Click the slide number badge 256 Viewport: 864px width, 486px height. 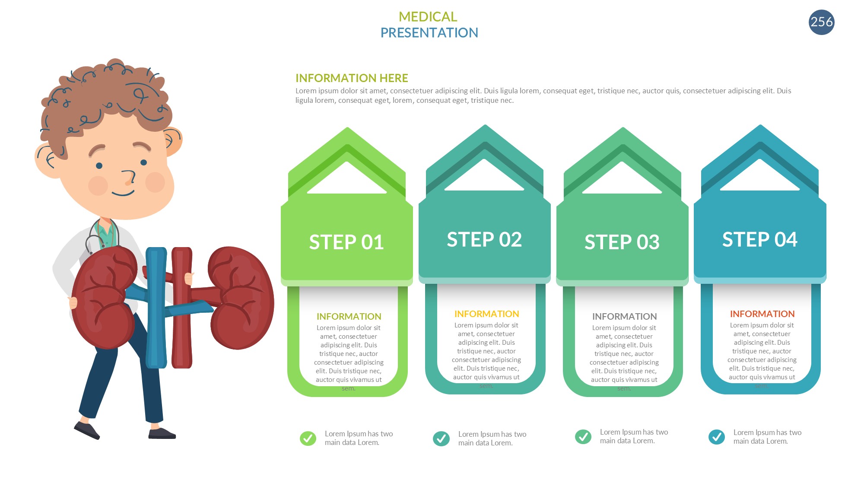(x=821, y=22)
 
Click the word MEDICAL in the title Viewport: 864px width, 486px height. (x=428, y=17)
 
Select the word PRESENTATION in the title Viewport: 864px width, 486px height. (x=429, y=33)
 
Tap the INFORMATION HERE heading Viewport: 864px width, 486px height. (x=352, y=78)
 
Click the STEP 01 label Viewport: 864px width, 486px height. (x=346, y=242)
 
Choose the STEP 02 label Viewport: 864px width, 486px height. (x=484, y=239)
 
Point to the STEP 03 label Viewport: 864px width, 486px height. (x=622, y=242)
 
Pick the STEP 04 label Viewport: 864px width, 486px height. (x=760, y=239)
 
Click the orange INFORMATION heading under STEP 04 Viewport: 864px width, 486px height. (x=762, y=314)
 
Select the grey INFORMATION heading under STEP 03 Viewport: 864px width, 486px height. (x=624, y=317)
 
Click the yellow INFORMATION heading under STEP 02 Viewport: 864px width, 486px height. (x=486, y=314)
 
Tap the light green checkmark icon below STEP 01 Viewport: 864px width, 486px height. (x=308, y=438)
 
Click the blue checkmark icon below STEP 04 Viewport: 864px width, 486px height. (x=717, y=437)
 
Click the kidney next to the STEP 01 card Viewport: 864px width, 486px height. (x=241, y=298)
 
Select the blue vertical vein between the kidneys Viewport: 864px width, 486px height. (x=156, y=307)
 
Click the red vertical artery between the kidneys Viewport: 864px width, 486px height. (x=182, y=307)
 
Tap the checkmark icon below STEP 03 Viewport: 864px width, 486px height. (x=583, y=437)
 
